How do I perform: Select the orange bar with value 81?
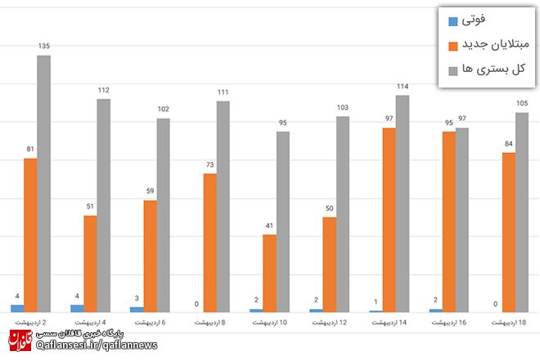pos(30,235)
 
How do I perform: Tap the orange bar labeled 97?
pos(389,219)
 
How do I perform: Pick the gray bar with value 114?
pos(403,203)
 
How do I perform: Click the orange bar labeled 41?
pos(269,272)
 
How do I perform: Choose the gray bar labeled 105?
pos(522,212)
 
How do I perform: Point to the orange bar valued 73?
pos(209,242)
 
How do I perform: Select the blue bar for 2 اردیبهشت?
pos(17,308)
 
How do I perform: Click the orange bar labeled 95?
pos(448,221)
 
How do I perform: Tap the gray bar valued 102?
pos(163,214)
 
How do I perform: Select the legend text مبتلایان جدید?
pos(494,45)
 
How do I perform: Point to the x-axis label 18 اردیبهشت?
pos(509,323)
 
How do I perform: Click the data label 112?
pos(103,91)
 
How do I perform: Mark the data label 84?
pos(509,144)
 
